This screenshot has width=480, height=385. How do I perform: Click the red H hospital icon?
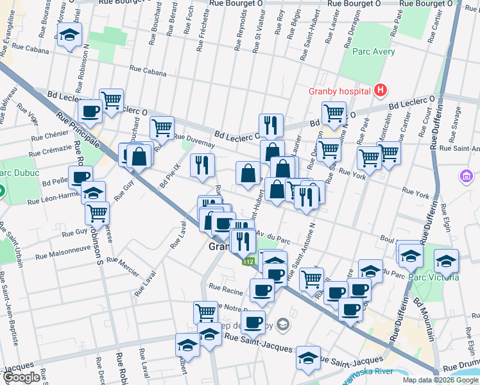coord(381,90)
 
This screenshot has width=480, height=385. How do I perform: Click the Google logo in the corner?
coord(21,377)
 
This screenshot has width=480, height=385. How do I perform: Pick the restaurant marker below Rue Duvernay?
coord(203,165)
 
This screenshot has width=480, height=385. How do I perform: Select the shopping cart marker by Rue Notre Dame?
coord(205,312)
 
